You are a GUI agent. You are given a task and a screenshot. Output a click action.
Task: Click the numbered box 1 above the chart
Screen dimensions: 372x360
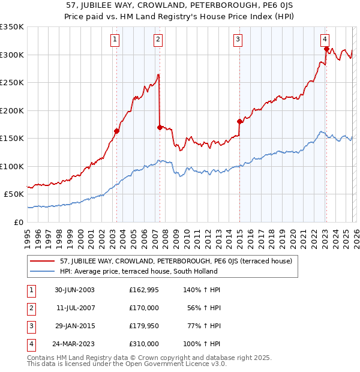(115, 40)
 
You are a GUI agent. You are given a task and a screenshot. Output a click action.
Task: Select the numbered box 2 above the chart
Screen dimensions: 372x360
(158, 40)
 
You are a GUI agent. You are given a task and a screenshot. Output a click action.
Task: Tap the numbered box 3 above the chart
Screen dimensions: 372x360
(238, 40)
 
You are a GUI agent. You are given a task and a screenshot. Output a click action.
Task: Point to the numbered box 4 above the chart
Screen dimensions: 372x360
(324, 40)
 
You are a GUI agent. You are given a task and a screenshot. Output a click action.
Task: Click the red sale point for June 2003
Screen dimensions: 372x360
(116, 131)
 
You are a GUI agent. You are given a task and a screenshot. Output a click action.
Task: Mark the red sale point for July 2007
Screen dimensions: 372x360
(160, 127)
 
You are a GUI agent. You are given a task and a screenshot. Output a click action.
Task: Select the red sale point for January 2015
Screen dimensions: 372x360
(239, 121)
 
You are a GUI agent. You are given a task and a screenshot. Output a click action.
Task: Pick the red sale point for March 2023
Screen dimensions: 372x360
(326, 49)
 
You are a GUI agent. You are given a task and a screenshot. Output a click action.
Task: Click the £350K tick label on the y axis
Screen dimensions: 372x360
(12, 27)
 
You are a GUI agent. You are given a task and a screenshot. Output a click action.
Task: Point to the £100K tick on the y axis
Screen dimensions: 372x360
(12, 166)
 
